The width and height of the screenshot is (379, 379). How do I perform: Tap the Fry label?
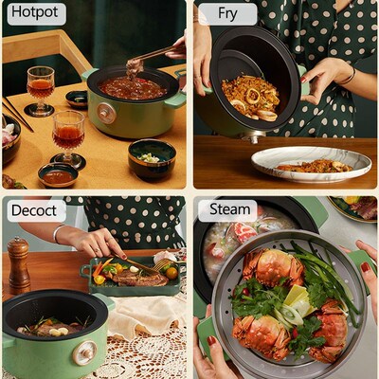coord(226,14)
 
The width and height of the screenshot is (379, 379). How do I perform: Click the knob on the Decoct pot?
coord(82,353)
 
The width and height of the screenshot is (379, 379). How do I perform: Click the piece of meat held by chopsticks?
coord(135,65)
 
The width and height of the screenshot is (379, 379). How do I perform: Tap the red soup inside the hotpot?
coord(133,89)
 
